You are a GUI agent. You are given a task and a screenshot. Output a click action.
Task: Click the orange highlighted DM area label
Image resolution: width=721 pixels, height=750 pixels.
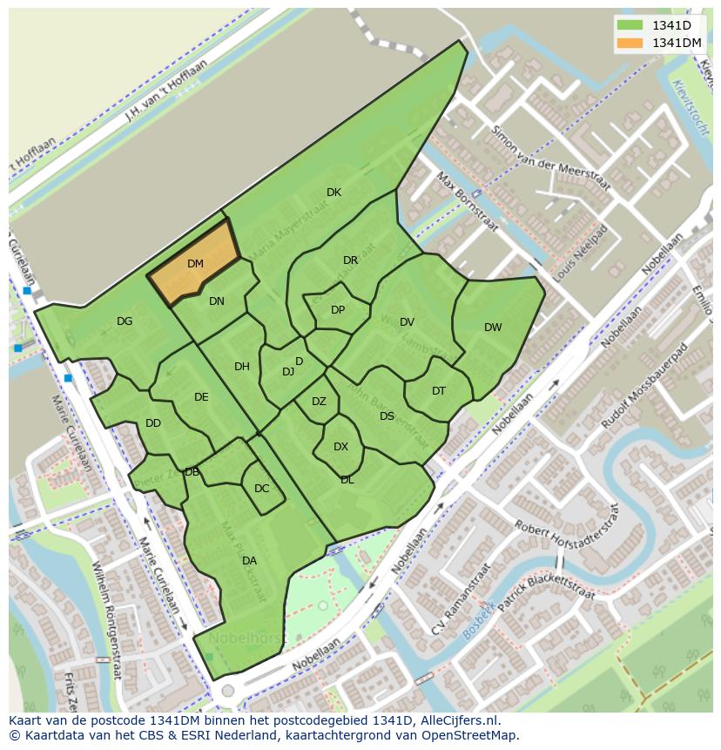point(195,263)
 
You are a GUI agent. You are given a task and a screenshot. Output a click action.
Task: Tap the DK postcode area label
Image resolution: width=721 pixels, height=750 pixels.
point(334,193)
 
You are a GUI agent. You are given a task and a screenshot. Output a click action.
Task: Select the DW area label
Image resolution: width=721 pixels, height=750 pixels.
point(493,328)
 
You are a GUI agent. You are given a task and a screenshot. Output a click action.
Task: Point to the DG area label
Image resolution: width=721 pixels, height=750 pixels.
point(125,321)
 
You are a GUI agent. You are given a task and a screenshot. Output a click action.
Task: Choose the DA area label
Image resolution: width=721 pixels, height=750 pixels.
point(249,561)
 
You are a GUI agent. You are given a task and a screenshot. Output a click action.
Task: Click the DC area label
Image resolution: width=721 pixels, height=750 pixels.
point(261,489)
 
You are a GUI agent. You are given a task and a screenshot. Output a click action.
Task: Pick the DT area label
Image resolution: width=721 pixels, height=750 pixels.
point(439,391)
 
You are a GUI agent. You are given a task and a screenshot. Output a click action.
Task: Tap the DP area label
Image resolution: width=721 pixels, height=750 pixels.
point(338,310)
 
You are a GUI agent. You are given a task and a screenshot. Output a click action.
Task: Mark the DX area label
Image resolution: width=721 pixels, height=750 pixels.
point(340,447)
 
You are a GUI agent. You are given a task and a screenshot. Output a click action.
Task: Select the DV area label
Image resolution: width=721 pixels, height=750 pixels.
point(407,322)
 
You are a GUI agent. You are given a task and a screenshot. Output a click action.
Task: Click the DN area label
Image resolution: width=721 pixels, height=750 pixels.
point(217,301)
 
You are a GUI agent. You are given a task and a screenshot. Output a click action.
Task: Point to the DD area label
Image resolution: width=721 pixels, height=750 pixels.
point(153,423)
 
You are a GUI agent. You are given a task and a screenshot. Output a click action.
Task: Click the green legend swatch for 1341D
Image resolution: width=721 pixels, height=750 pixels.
point(629,25)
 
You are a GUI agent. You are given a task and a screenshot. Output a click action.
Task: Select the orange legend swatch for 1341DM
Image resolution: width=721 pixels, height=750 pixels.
point(629,43)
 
